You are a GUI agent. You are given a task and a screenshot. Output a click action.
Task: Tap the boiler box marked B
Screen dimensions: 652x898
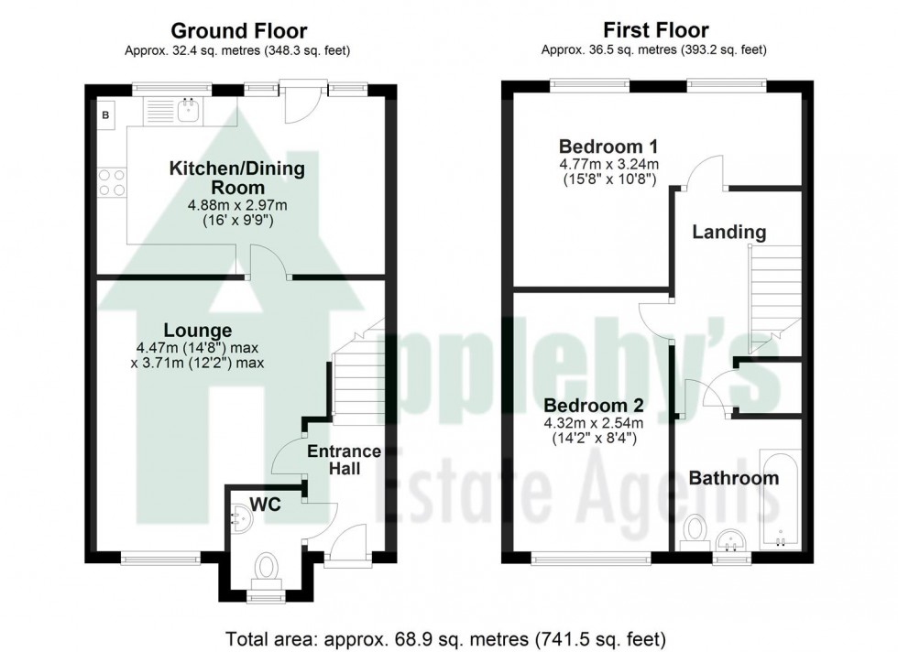105,115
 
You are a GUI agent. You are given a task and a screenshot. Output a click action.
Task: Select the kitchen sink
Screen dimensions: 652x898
190,112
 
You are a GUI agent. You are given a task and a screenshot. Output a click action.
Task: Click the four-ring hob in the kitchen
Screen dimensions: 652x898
111,182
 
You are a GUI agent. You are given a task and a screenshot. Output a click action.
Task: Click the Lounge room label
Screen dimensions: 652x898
197,330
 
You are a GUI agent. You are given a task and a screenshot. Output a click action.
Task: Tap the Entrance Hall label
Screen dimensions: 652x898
343,460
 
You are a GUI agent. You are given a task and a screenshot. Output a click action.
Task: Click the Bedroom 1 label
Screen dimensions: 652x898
608,147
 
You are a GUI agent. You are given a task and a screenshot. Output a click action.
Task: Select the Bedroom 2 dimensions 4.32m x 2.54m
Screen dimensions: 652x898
594,423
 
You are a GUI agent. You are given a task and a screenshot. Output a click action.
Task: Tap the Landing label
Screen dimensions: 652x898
728,232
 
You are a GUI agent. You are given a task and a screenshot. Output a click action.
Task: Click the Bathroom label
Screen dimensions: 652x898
733,478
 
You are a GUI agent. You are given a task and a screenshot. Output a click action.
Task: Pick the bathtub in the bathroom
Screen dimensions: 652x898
780,499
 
